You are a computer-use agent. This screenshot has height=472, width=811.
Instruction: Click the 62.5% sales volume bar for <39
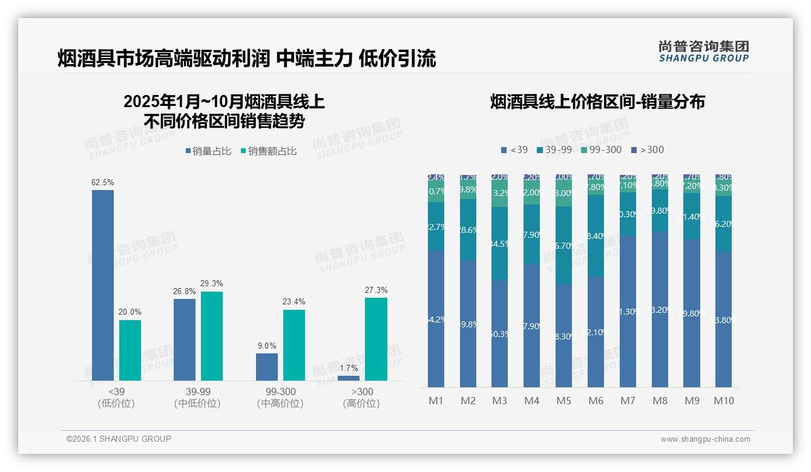(103, 284)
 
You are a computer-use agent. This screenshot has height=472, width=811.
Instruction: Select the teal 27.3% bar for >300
(376, 339)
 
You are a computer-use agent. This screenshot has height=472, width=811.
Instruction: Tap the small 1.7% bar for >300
(348, 378)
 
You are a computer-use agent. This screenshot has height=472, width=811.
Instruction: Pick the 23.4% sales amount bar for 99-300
(294, 345)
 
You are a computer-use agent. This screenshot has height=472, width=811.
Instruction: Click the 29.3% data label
(212, 283)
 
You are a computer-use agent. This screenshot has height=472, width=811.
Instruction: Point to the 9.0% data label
(266, 346)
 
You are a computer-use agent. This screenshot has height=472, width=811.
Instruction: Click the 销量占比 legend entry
(208, 151)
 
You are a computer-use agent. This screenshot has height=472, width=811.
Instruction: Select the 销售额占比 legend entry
(269, 151)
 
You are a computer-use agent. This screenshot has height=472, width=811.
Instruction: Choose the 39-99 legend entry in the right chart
(554, 150)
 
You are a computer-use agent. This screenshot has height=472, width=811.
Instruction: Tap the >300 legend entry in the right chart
(648, 150)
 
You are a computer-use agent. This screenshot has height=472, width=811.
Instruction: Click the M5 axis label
(563, 401)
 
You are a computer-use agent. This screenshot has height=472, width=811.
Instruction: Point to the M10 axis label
(723, 401)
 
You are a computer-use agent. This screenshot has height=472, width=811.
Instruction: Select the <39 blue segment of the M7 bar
(628, 312)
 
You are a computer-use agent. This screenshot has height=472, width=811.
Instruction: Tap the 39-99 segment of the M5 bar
(563, 245)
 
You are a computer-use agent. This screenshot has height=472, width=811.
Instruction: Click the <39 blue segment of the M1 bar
(436, 319)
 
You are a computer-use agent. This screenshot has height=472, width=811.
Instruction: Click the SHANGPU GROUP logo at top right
(703, 51)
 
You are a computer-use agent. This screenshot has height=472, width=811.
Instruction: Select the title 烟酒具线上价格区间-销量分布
(597, 102)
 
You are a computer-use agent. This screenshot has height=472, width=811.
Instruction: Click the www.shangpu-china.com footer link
(705, 439)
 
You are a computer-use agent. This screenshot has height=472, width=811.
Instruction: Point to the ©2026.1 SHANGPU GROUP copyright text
(119, 439)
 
